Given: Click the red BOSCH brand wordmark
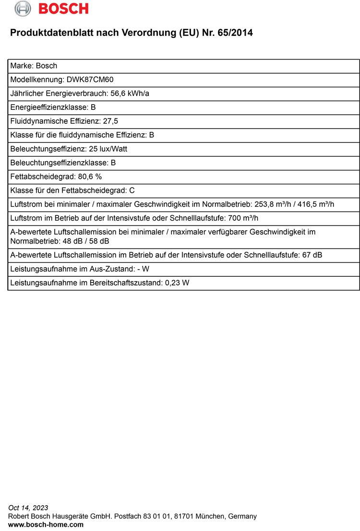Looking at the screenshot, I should point(63,9).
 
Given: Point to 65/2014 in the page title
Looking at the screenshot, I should point(234,33).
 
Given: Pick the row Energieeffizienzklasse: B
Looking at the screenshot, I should point(53,107).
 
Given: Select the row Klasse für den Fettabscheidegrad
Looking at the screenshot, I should point(72,190).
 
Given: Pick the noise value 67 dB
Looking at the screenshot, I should point(312,255).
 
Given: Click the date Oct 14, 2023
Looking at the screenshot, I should point(28,507).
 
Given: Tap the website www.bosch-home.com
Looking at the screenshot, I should point(46,525).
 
